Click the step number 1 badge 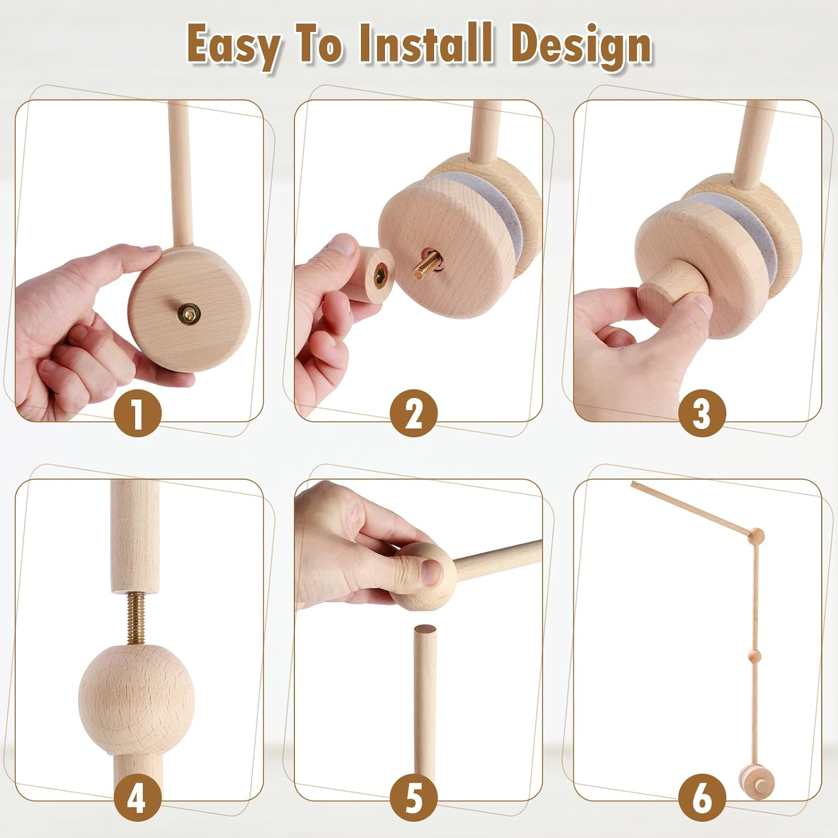click(x=137, y=414)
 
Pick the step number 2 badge click(x=413, y=414)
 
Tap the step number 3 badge click(x=702, y=414)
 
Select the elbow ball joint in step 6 click(x=756, y=536)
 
